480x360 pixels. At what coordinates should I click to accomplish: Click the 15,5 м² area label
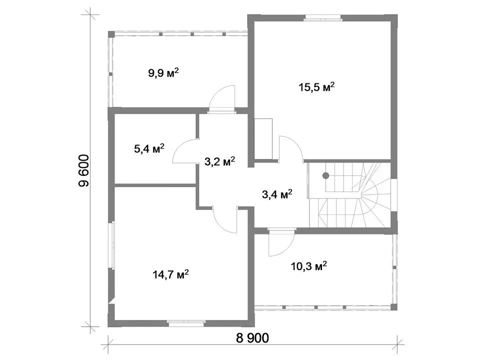pyautogui.click(x=316, y=87)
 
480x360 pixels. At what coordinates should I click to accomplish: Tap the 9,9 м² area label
pyautogui.click(x=163, y=73)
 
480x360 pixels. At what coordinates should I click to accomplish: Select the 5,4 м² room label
pyautogui.click(x=149, y=148)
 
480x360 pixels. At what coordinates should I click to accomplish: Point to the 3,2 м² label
pyautogui.click(x=220, y=161)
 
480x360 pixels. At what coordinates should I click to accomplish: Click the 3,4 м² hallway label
pyautogui.click(x=277, y=194)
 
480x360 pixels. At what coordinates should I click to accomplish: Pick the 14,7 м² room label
pyautogui.click(x=170, y=274)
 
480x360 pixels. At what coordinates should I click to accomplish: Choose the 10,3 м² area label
pyautogui.click(x=309, y=265)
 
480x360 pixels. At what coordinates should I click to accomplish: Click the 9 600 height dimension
pyautogui.click(x=83, y=171)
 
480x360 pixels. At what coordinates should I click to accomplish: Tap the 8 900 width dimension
pyautogui.click(x=252, y=338)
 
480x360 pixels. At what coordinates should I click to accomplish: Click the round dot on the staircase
pyautogui.click(x=325, y=175)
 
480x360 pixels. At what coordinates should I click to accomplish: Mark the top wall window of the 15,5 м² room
pyautogui.click(x=322, y=17)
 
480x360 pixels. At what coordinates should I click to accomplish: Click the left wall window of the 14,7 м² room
pyautogui.click(x=112, y=244)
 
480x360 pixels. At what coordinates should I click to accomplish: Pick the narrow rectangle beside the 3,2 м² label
pyautogui.click(x=263, y=139)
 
